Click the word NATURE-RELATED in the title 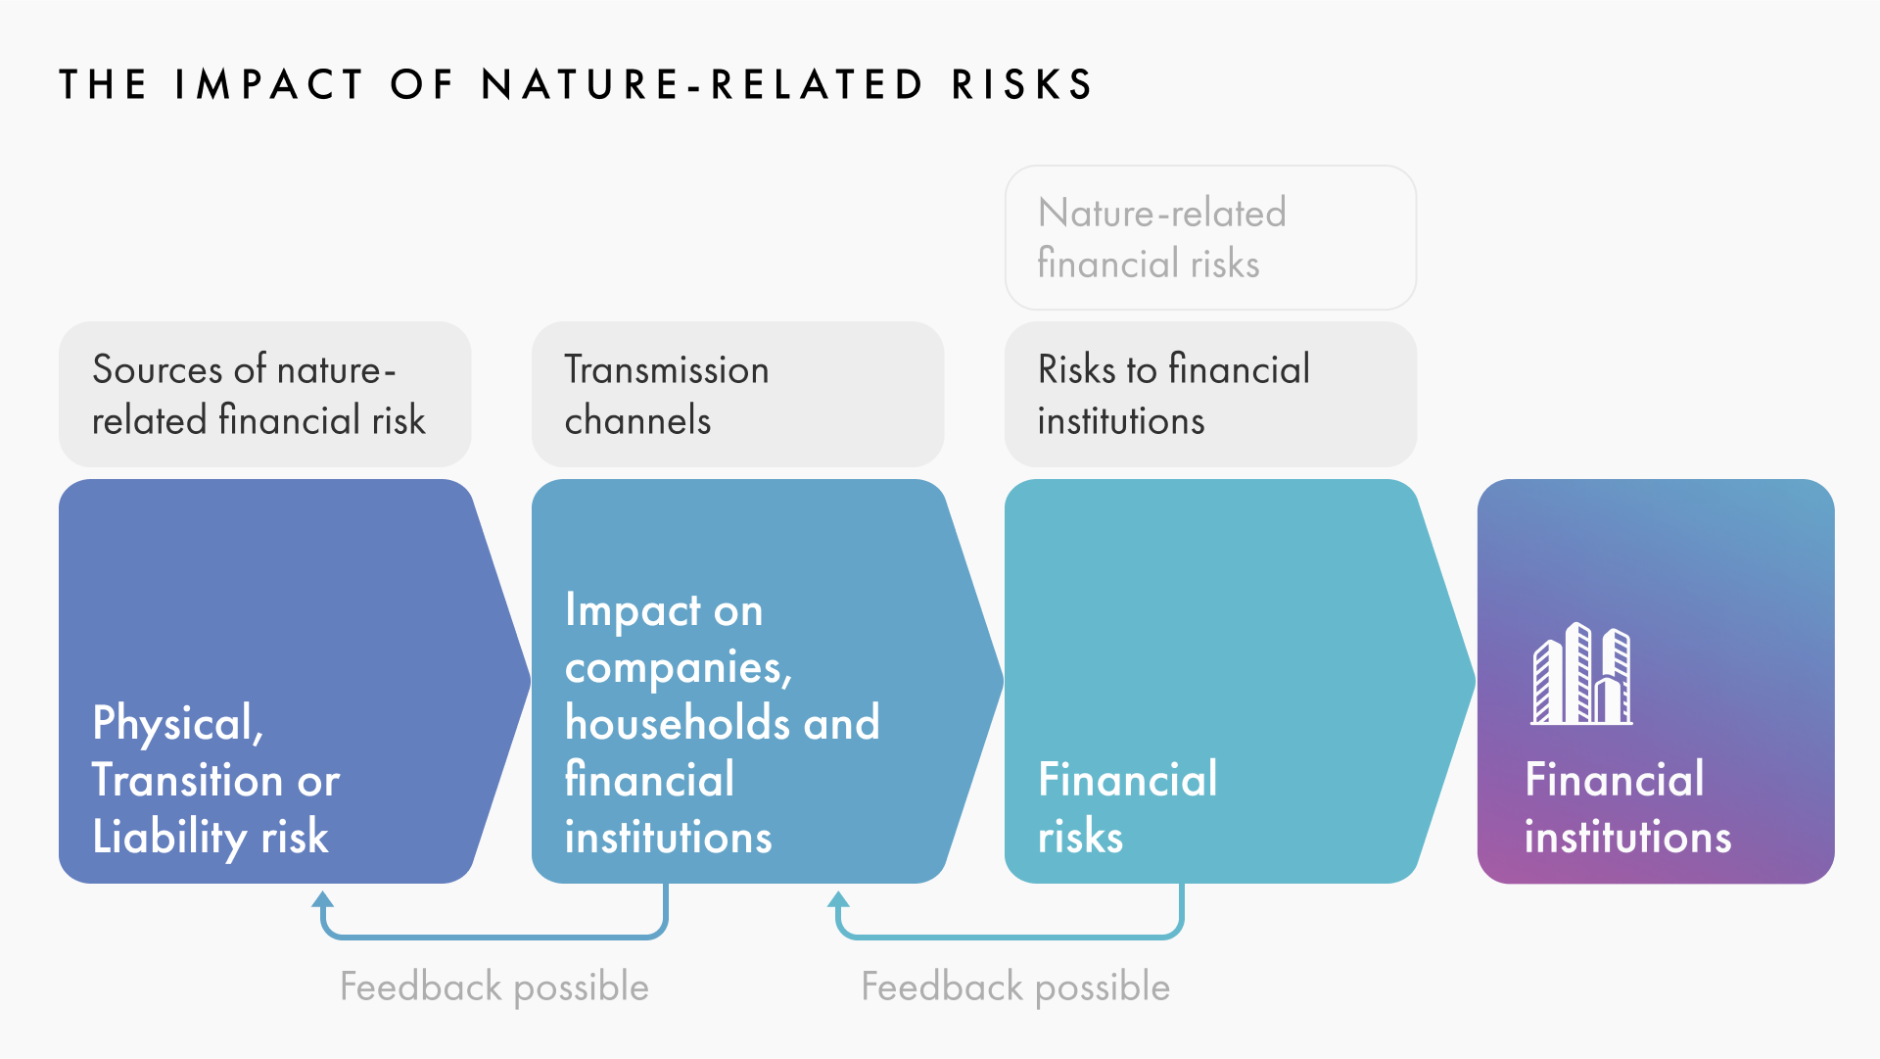(702, 84)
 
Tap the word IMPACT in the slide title (269, 84)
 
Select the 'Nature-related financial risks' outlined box (1210, 237)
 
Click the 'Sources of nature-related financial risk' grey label (264, 394)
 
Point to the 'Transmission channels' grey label (737, 394)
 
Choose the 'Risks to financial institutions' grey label (1210, 394)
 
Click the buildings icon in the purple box (1581, 673)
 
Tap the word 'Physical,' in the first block (178, 725)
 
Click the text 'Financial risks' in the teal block (1128, 808)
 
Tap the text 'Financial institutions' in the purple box (1628, 808)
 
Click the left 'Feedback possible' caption (494, 987)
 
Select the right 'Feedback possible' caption (1015, 987)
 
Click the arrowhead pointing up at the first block (323, 900)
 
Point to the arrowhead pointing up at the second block (838, 900)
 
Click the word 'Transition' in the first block (188, 781)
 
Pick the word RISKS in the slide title (1022, 84)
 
